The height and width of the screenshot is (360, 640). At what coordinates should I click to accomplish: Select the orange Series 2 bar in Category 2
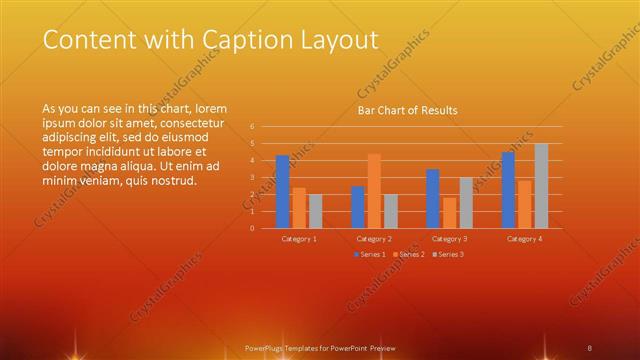point(374,191)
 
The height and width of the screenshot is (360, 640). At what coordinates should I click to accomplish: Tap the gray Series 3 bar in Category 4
point(541,186)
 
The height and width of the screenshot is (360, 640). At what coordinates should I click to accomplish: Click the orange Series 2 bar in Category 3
point(449,213)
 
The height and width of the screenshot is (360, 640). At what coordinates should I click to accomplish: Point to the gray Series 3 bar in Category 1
point(315,211)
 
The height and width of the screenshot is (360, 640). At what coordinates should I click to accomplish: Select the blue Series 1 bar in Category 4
point(508,190)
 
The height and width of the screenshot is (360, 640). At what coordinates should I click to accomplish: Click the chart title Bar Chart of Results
point(407,111)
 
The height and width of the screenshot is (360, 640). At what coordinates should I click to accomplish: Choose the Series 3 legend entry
point(447,254)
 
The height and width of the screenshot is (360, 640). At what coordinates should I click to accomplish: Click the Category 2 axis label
point(374,239)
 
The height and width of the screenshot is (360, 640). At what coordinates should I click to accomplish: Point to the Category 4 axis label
point(524,239)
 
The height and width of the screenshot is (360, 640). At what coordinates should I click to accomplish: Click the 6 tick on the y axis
point(253,127)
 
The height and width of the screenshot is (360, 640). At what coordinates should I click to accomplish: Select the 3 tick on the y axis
point(253,178)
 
